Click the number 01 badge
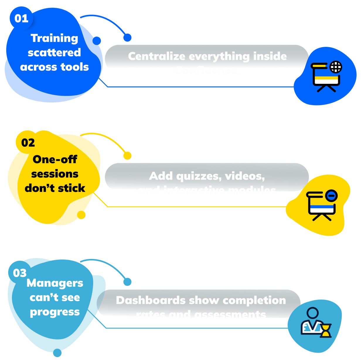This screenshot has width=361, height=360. [x=21, y=19]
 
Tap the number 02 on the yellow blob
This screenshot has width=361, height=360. [x=28, y=143]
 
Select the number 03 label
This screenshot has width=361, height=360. [x=20, y=273]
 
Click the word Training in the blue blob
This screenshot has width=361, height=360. [x=55, y=38]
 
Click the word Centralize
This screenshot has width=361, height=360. [x=156, y=56]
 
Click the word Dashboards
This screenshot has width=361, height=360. [x=151, y=300]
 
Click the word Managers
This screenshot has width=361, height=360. [x=55, y=283]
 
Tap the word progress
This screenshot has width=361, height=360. [x=55, y=312]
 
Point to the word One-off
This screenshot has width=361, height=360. [x=55, y=160]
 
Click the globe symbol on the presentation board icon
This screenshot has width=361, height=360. [x=336, y=67]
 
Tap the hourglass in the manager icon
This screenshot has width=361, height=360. [x=326, y=331]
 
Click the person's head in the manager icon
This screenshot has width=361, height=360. [x=313, y=313]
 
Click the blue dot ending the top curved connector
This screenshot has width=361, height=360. [x=127, y=37]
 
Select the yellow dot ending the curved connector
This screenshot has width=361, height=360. [x=127, y=156]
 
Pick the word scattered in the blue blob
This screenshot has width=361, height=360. [x=55, y=53]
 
